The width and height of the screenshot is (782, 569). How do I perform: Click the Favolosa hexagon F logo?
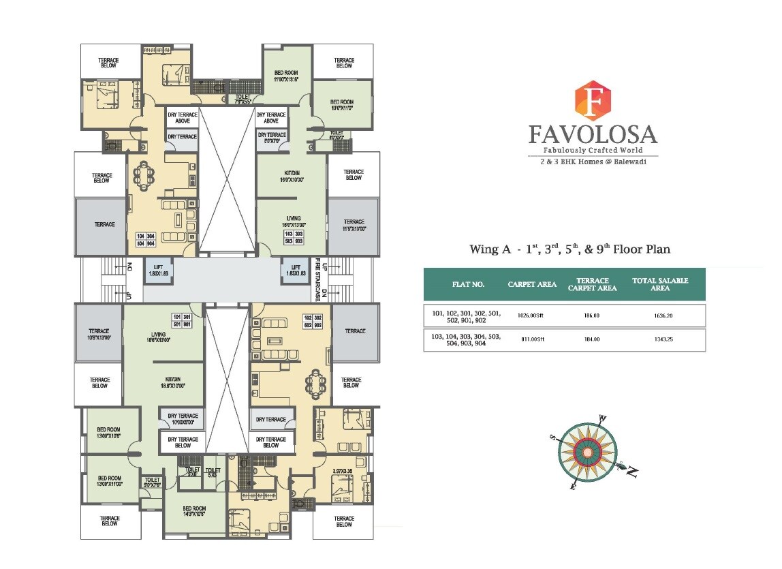[593, 100]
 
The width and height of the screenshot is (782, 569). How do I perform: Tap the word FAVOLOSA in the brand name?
[593, 134]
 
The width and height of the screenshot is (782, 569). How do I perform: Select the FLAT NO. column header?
[468, 284]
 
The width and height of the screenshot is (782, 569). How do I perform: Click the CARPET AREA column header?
[532, 284]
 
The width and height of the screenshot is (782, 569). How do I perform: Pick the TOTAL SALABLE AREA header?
[660, 284]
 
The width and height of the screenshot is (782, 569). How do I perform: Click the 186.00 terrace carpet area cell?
[591, 316]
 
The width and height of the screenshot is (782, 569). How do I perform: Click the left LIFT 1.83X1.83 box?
[158, 270]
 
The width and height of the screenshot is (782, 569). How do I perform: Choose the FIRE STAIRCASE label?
[317, 279]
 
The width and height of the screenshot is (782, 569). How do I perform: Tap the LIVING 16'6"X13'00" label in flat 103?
[294, 221]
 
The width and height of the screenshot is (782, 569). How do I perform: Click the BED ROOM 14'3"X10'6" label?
[194, 512]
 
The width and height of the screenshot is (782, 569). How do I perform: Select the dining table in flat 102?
[315, 386]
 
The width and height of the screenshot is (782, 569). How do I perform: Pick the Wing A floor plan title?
[569, 249]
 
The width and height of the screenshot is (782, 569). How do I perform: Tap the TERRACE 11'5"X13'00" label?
[354, 225]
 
